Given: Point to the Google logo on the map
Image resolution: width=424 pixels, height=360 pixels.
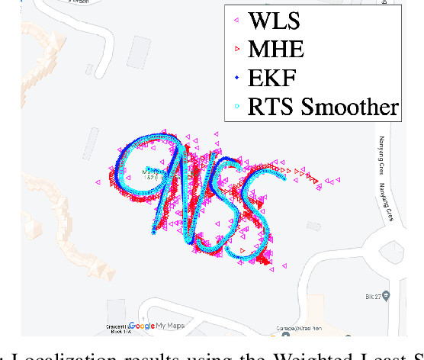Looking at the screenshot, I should [x=142, y=326].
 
